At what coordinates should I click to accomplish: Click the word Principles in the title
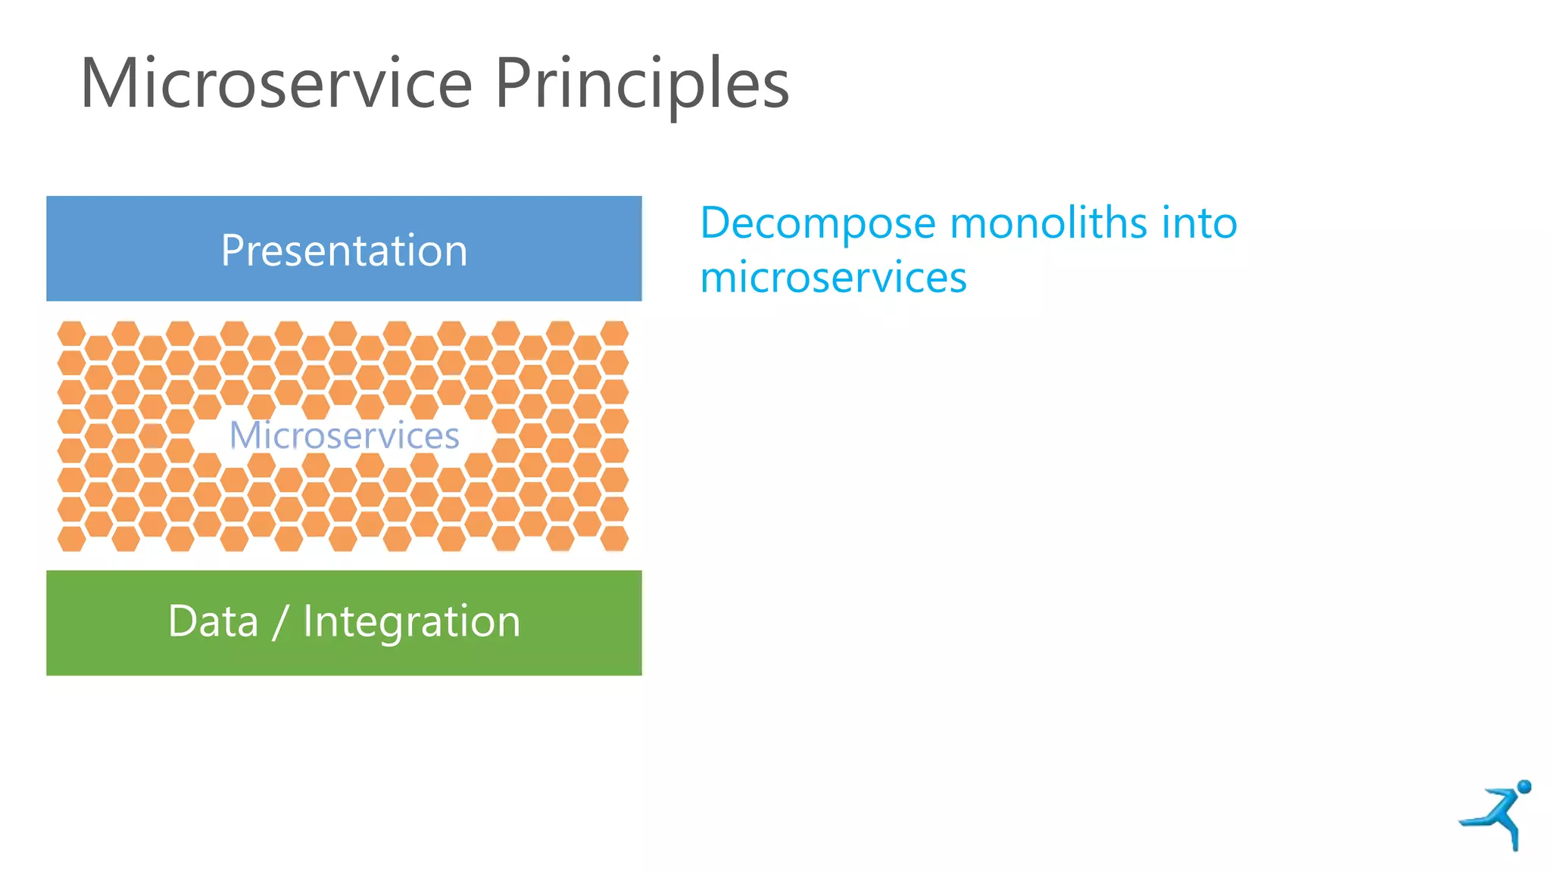click(x=642, y=85)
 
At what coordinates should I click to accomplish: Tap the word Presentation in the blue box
click(x=344, y=251)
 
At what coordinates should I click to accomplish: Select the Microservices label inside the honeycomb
click(x=344, y=435)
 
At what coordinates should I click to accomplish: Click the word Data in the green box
click(x=213, y=621)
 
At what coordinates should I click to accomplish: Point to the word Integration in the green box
click(x=411, y=622)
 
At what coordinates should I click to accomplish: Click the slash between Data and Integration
click(x=280, y=623)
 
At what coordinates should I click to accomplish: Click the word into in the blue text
click(x=1200, y=223)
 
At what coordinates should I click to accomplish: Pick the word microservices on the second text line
click(x=833, y=277)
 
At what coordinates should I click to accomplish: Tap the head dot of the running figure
click(x=1524, y=787)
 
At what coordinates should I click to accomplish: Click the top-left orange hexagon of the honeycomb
click(x=72, y=333)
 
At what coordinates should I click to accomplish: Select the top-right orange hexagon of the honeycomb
click(x=614, y=333)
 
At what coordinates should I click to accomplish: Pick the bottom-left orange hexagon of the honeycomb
click(x=72, y=539)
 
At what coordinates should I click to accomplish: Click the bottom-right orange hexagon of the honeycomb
click(x=614, y=539)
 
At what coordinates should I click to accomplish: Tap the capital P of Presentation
click(x=232, y=251)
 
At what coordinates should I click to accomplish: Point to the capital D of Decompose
click(x=718, y=223)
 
